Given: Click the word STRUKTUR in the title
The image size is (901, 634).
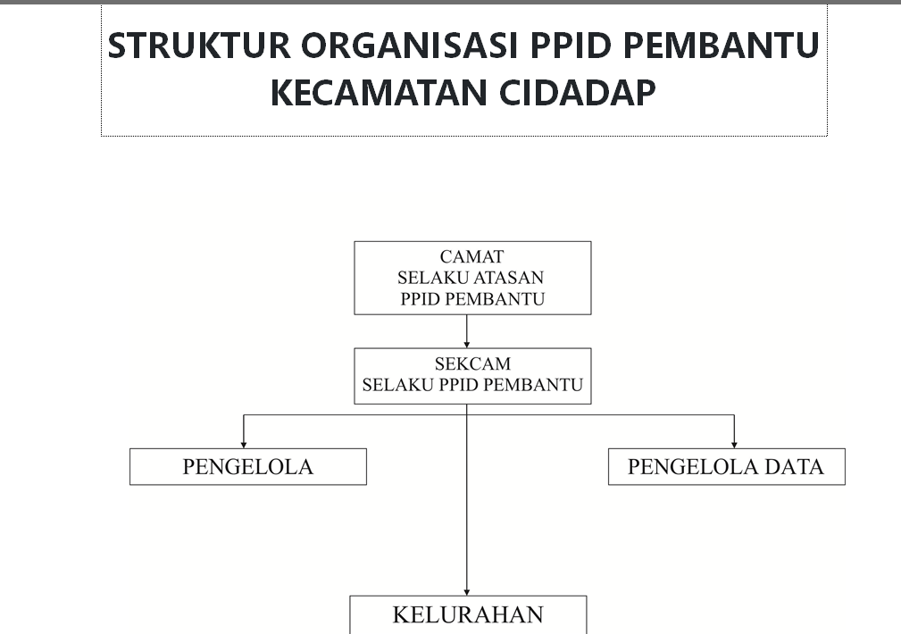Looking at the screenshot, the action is tap(199, 45).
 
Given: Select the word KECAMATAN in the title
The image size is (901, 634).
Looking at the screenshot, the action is tap(380, 93).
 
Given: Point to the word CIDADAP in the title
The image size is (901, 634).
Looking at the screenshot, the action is tap(577, 93).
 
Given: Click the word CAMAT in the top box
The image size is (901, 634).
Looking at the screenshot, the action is tap(471, 256).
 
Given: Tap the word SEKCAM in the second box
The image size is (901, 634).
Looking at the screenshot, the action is tap(472, 363).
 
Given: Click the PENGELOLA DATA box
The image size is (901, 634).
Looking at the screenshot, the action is tap(726, 467).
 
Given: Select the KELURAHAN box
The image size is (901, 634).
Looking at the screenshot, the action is tap(468, 615).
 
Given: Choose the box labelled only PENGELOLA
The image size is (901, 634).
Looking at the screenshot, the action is tap(248, 467).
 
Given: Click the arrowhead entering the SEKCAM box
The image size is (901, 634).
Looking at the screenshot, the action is tap(467, 345).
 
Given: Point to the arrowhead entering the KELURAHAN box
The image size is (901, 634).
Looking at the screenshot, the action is tap(467, 592).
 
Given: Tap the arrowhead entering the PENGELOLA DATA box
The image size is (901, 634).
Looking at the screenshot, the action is tap(734, 445).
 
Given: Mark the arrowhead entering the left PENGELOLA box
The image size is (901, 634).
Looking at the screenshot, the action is tap(244, 445).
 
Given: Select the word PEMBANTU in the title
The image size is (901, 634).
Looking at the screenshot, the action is tap(721, 45).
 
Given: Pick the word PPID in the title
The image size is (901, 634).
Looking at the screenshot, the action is tap(571, 45).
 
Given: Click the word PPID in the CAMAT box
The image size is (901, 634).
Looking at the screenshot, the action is tap(420, 299).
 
